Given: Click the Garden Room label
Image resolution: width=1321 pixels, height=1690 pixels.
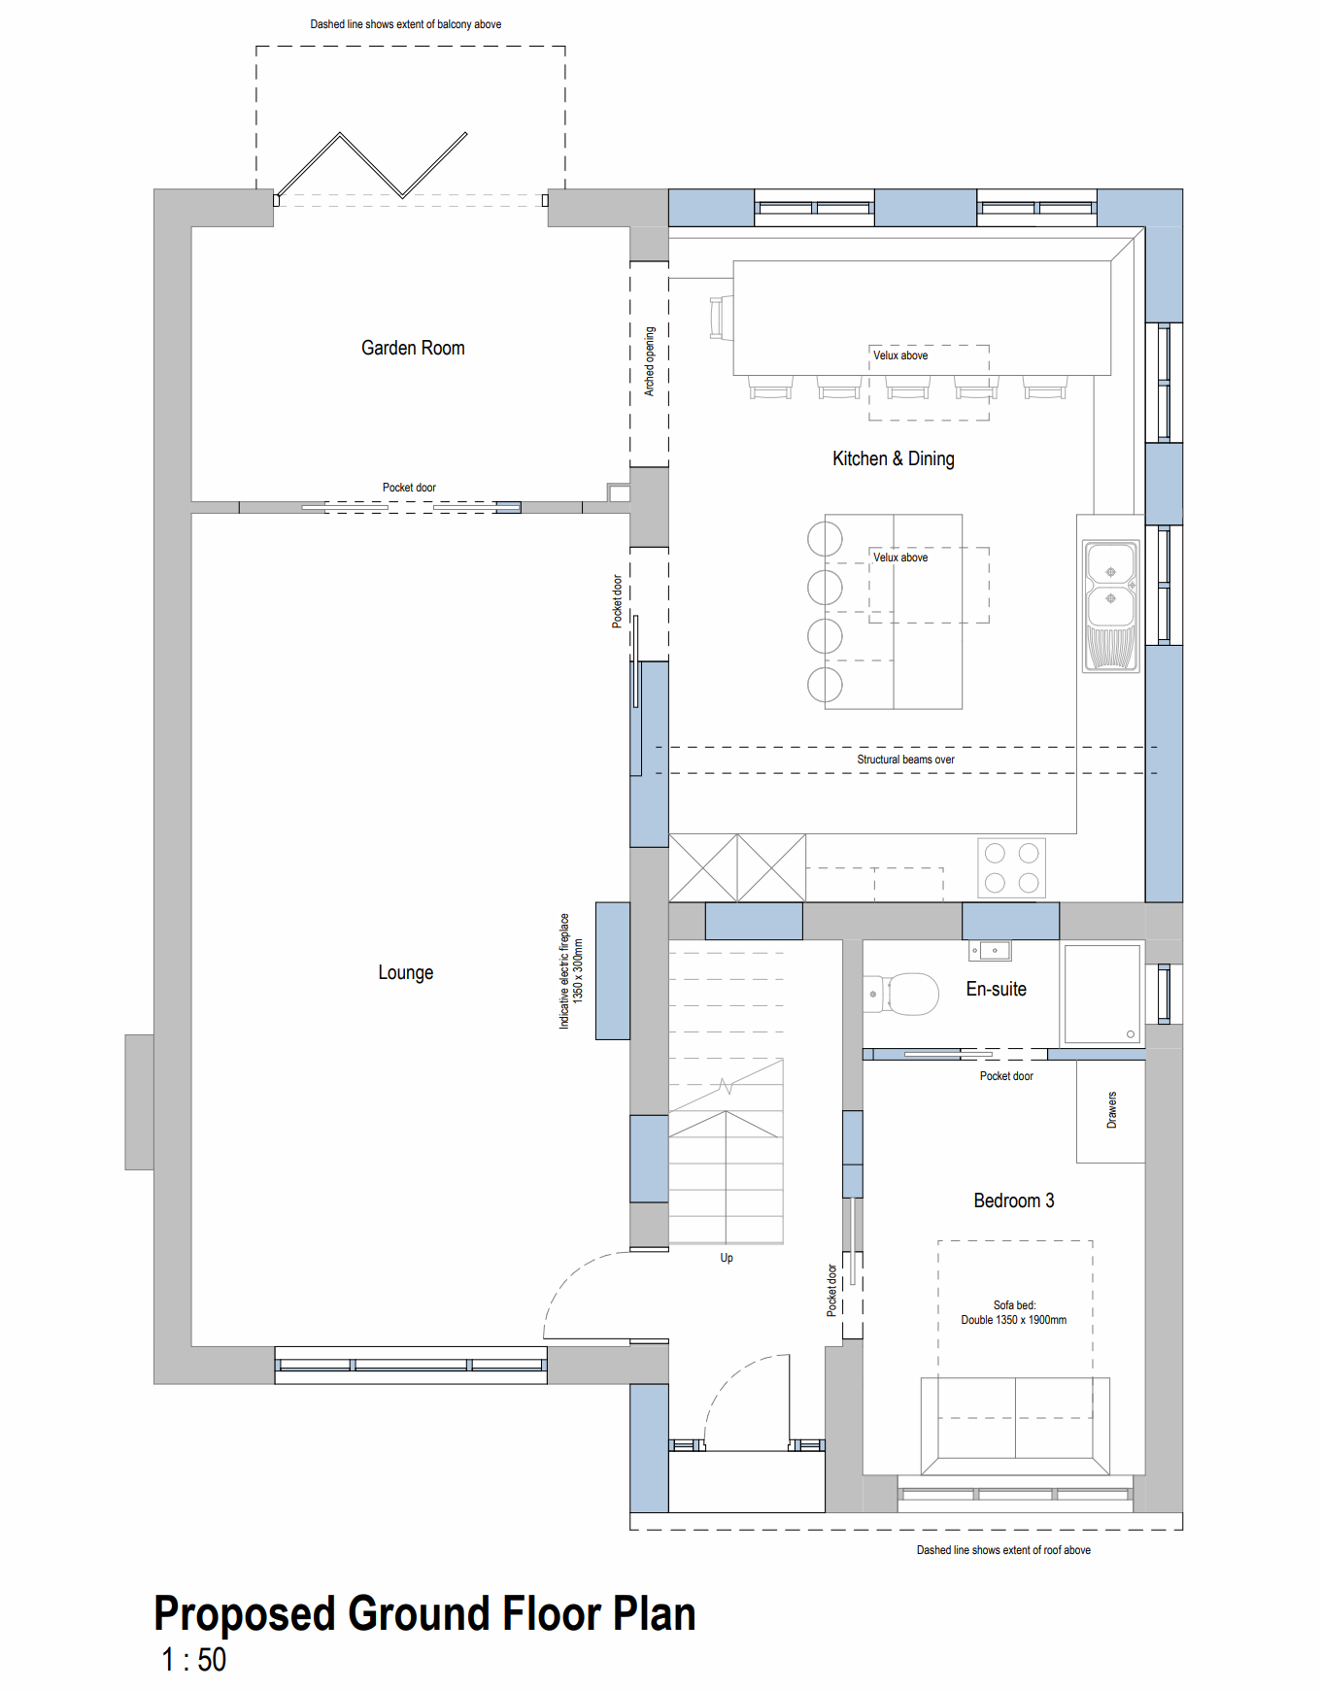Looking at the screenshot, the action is click(x=413, y=348).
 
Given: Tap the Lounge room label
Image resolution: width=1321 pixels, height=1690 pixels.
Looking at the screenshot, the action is click(x=405, y=972).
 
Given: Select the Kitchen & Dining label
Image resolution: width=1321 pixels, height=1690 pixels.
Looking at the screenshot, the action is click(x=893, y=458).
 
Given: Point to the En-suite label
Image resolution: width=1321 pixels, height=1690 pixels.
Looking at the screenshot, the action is click(x=996, y=989).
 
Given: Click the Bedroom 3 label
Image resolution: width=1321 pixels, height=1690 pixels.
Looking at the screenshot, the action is click(x=1013, y=1200).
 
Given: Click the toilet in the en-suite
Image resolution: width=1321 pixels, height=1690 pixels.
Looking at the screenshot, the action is click(x=900, y=995).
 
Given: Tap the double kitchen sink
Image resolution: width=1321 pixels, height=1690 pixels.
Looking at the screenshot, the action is click(x=1111, y=606).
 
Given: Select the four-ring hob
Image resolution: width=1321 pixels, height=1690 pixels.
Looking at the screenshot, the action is click(x=1011, y=867).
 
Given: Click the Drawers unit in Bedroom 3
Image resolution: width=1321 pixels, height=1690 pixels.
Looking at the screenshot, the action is click(x=1110, y=1111).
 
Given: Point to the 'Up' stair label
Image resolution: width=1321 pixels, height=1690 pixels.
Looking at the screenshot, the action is click(x=727, y=1258).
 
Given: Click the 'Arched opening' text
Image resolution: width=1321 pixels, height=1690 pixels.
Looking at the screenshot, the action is click(x=650, y=361).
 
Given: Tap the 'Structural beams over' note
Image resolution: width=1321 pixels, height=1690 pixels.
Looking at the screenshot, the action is click(x=905, y=760).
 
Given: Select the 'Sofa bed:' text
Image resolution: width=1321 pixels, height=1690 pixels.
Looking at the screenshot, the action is click(x=1014, y=1305).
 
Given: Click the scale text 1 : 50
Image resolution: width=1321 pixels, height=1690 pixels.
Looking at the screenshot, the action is click(x=193, y=1660).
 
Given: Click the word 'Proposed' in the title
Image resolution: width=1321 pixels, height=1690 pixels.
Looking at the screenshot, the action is click(x=246, y=1614).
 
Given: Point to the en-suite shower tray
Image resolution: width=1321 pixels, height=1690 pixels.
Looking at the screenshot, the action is click(x=1102, y=994).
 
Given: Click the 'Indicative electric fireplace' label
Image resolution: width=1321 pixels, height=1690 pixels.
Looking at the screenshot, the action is click(x=564, y=970).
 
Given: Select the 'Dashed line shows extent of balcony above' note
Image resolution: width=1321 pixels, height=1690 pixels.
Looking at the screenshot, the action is click(x=406, y=24).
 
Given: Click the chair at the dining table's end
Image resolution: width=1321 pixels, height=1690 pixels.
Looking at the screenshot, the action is click(x=721, y=319).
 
